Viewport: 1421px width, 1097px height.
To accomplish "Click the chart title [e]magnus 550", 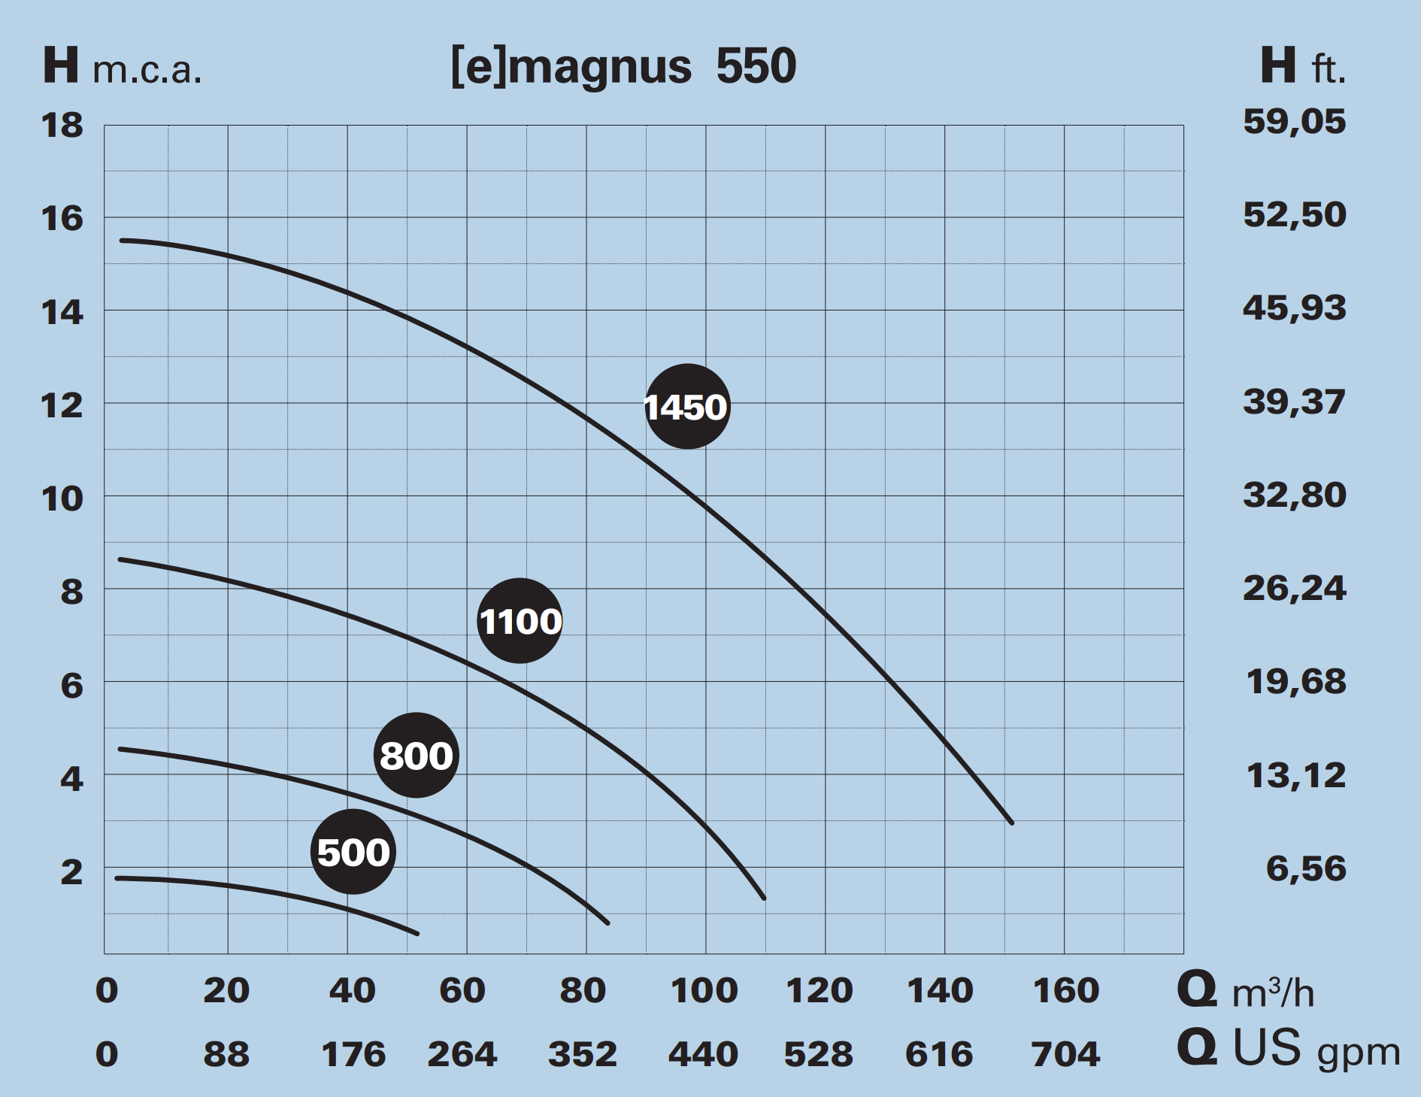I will click(x=623, y=66).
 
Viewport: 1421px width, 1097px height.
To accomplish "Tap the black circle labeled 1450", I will click(x=687, y=407).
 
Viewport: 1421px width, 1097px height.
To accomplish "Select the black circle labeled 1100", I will click(x=520, y=621).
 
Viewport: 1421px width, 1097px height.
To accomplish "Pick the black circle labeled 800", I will click(x=416, y=755).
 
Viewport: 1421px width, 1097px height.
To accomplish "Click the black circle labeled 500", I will click(x=353, y=852).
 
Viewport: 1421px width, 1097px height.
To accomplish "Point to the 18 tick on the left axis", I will click(x=62, y=126).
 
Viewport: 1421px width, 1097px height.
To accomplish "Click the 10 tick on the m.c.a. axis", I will click(x=62, y=498).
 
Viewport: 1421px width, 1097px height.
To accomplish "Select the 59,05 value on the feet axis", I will click(x=1294, y=122).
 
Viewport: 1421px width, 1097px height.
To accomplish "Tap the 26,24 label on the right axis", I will click(x=1294, y=588).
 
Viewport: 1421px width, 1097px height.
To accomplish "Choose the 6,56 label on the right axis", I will click(x=1305, y=868).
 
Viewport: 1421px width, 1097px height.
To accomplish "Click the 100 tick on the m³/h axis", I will click(x=704, y=990).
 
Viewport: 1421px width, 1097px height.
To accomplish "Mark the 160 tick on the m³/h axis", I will click(x=1065, y=990).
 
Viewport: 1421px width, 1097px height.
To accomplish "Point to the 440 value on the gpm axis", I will click(x=703, y=1054).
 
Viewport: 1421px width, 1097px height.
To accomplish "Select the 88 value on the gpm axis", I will click(x=226, y=1054).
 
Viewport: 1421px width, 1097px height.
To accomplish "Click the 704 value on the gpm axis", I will click(x=1065, y=1054).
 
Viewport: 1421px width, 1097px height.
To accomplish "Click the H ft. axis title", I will click(x=1302, y=66).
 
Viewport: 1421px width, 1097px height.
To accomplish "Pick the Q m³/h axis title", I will click(x=1245, y=991).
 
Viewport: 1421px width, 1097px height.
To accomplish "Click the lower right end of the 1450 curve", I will click(x=1011, y=823).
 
